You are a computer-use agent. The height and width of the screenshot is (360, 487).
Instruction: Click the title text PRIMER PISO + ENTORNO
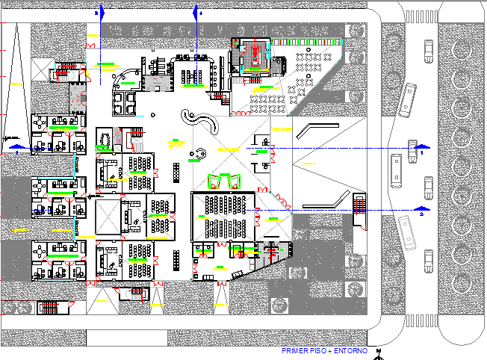point(325,350)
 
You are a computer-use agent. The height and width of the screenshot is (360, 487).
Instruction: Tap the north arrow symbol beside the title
point(379,353)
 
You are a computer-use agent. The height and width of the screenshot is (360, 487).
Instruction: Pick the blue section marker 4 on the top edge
point(197,12)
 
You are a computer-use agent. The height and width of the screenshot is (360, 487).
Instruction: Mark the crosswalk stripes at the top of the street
point(419,19)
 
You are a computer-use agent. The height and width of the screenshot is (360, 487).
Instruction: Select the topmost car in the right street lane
point(428,51)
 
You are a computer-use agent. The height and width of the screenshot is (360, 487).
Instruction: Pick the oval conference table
point(105,139)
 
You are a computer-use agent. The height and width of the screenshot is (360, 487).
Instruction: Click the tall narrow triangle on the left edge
point(13,86)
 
